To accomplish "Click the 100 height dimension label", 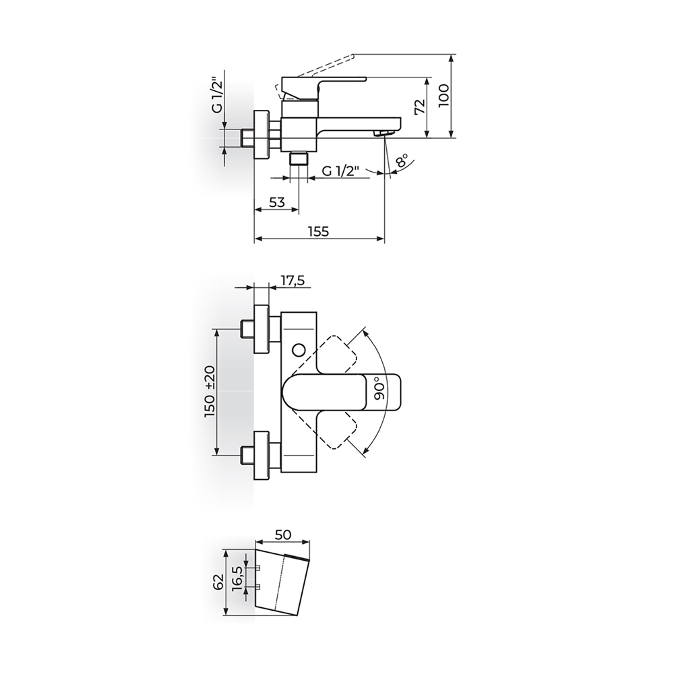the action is [444, 96].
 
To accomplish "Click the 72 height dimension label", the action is [420, 106].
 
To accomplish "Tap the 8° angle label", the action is [402, 162].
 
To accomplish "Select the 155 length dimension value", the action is [319, 231].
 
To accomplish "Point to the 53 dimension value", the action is [277, 202].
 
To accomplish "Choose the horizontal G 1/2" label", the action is [340, 171].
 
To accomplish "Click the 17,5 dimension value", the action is [293, 280].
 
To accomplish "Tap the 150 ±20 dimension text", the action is [210, 392].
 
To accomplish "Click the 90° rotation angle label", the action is [377, 389].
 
